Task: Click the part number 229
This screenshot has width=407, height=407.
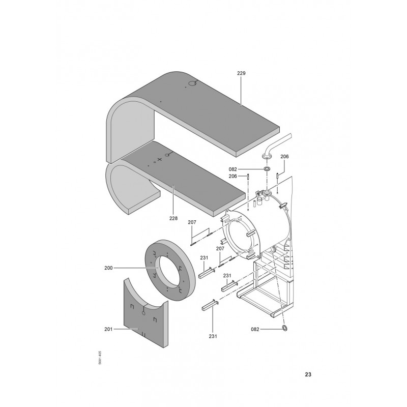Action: click(x=241, y=73)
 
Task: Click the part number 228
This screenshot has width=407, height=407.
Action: click(x=173, y=218)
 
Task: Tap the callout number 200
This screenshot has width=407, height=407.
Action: click(x=108, y=268)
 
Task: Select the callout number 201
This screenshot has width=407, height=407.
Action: click(x=108, y=329)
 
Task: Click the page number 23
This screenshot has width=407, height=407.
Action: click(x=308, y=374)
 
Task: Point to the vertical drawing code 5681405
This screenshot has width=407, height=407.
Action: click(x=100, y=358)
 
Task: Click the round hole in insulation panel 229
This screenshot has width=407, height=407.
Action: click(x=192, y=83)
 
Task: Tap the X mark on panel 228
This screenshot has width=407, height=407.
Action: click(x=160, y=159)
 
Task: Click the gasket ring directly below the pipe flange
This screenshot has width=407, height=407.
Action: click(x=267, y=169)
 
